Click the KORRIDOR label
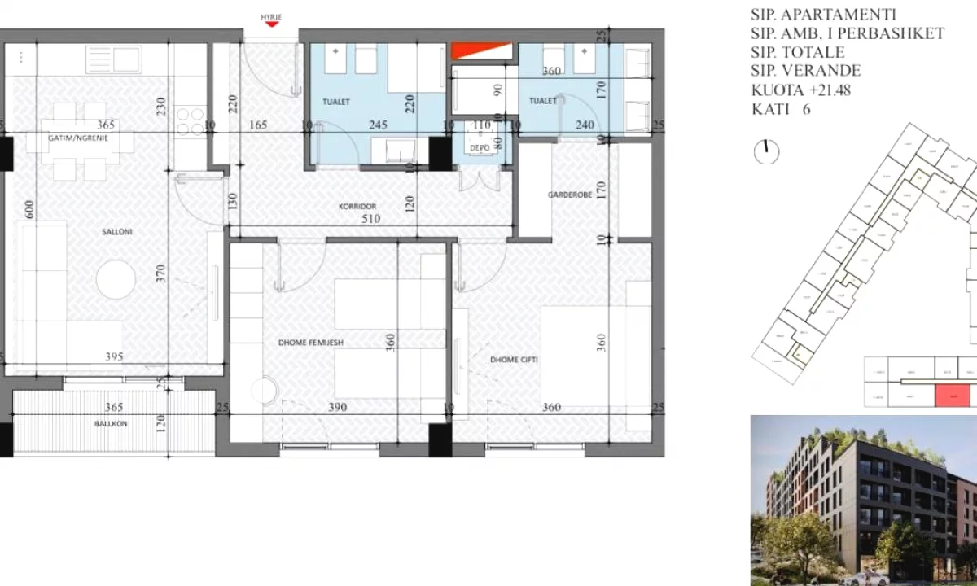[359, 207]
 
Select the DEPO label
[476, 147]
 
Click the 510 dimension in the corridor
[370, 219]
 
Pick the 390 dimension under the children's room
[337, 407]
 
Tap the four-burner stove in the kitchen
[191, 121]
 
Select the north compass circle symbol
[767, 151]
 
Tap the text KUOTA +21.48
[800, 90]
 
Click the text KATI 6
[781, 109]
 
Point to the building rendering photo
[863, 501]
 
